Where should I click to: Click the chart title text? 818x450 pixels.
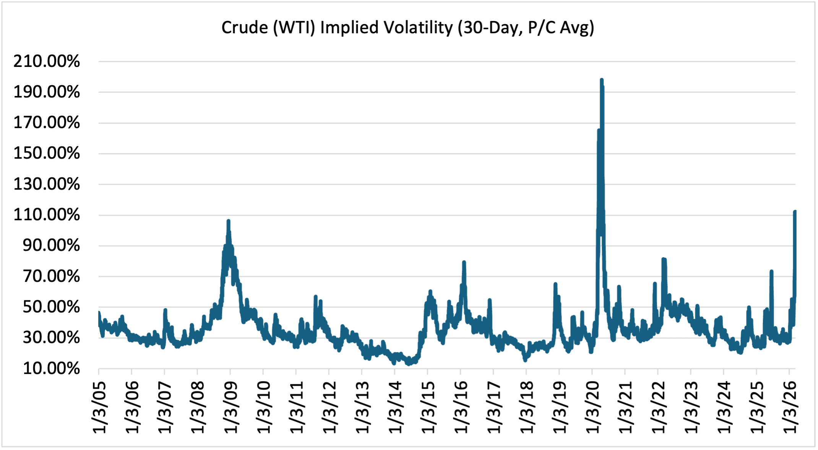click(407, 28)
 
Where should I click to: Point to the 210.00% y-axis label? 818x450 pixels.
click(47, 61)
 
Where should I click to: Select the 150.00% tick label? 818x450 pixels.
click(47, 154)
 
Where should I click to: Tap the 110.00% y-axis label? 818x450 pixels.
click(47, 215)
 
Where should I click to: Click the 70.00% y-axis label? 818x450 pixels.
click(51, 276)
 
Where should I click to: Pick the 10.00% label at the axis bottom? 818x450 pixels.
click(51, 369)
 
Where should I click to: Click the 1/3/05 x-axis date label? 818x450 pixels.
click(99, 407)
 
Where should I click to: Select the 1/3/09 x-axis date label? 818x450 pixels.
click(231, 407)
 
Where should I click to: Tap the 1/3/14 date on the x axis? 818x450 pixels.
click(395, 407)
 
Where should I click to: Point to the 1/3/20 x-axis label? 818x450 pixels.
click(592, 407)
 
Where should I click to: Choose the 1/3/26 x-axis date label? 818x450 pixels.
click(790, 407)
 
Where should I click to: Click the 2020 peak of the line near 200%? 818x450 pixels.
click(602, 80)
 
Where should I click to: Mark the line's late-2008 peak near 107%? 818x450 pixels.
click(228, 221)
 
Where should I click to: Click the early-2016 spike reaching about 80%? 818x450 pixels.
click(464, 262)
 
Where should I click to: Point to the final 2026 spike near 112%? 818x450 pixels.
click(795, 211)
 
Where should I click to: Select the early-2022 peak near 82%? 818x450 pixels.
click(663, 259)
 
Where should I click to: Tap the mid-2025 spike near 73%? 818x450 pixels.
click(771, 271)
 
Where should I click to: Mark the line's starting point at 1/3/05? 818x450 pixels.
click(99, 313)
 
